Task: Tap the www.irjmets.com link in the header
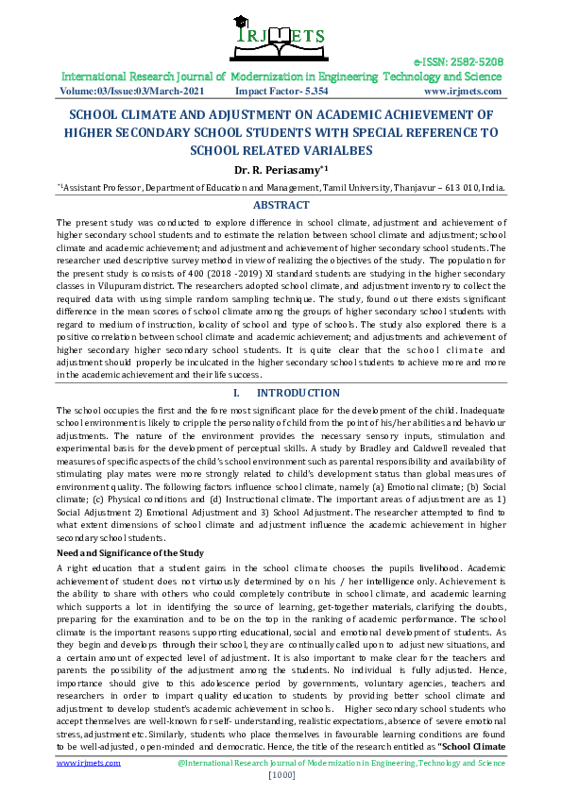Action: point(462,92)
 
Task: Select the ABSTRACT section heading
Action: point(281,205)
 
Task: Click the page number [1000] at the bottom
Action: point(282,775)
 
